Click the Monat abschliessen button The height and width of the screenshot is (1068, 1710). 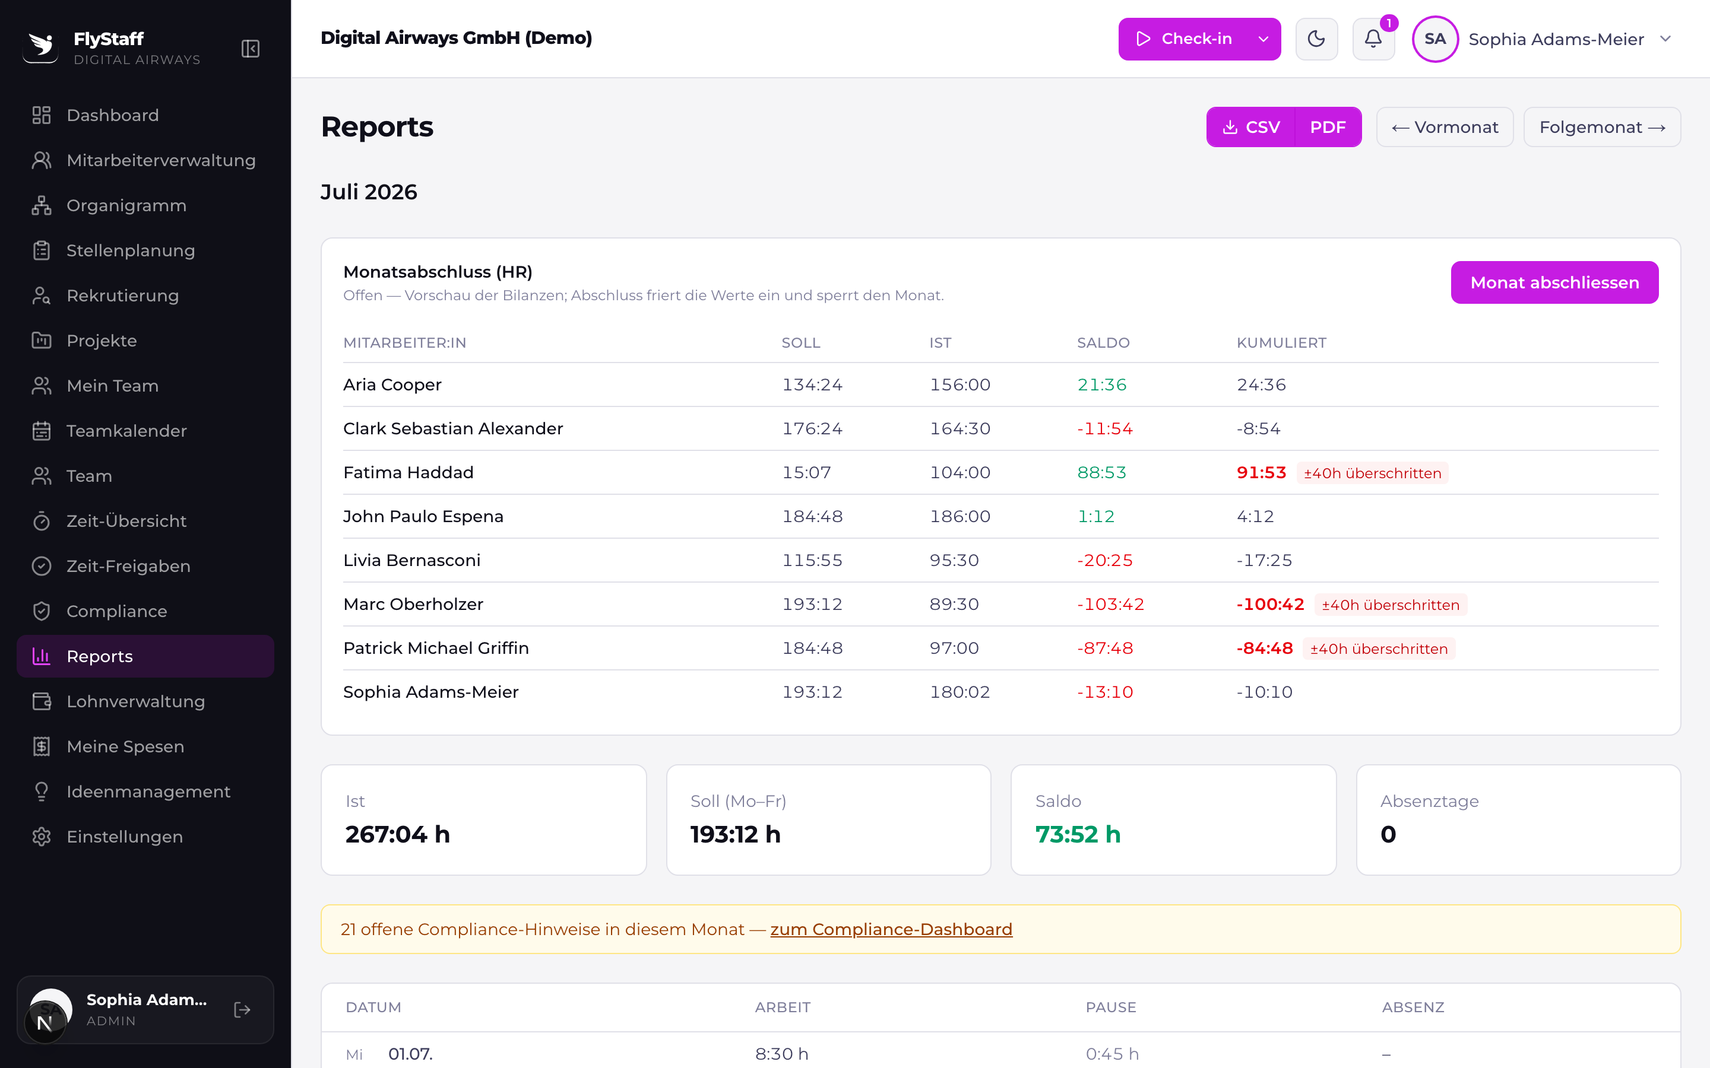click(1554, 282)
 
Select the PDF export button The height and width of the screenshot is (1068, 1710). click(1328, 127)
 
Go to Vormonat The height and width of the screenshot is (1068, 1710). click(1445, 127)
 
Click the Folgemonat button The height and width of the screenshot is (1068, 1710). click(1602, 127)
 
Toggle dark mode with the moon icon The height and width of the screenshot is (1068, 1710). click(1316, 39)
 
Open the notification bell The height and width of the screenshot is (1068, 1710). click(1373, 39)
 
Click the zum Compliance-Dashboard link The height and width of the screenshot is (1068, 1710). click(891, 930)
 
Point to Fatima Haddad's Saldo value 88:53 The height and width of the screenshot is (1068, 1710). click(1101, 472)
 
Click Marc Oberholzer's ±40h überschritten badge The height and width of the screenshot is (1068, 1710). click(1391, 605)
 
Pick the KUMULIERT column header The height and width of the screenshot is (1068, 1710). click(1281, 342)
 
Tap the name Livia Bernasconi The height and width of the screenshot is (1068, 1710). click(412, 560)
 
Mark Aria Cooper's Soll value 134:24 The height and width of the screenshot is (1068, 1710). click(812, 385)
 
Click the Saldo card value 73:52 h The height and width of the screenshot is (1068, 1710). click(1078, 834)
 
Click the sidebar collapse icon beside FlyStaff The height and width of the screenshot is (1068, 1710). click(250, 49)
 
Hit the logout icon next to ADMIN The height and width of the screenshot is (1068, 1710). click(242, 1010)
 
